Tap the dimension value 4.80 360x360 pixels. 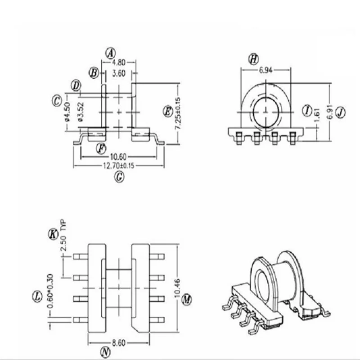[119, 63]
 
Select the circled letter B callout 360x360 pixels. [94, 72]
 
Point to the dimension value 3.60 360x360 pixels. [119, 73]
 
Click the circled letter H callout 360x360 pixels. [254, 59]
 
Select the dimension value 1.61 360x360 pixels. [319, 111]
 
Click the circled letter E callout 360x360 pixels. [167, 110]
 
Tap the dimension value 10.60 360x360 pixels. [118, 157]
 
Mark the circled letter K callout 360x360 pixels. [53, 234]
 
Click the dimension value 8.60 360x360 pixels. [119, 342]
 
